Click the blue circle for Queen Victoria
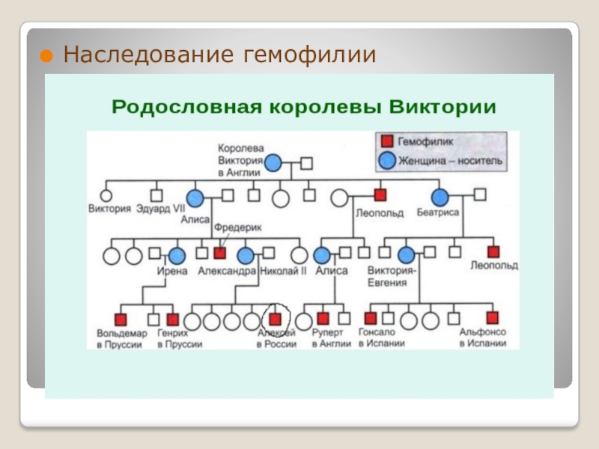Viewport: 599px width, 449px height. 274,162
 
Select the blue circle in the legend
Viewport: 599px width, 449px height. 387,159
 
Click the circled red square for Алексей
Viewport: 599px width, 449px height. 276,319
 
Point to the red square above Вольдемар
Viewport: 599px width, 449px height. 120,319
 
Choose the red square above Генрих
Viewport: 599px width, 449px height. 173,319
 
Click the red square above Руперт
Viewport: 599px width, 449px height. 323,319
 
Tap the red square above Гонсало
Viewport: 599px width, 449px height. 370,319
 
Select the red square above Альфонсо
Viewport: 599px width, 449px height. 492,319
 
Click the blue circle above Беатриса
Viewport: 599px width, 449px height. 440,198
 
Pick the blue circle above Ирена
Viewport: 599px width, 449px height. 177,256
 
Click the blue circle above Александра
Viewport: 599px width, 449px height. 246,256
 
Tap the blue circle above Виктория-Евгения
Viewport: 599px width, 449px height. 406,256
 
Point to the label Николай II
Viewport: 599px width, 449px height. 283,272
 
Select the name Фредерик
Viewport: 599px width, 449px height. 237,225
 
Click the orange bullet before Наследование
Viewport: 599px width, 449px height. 46,55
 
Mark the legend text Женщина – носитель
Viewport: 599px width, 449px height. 451,160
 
